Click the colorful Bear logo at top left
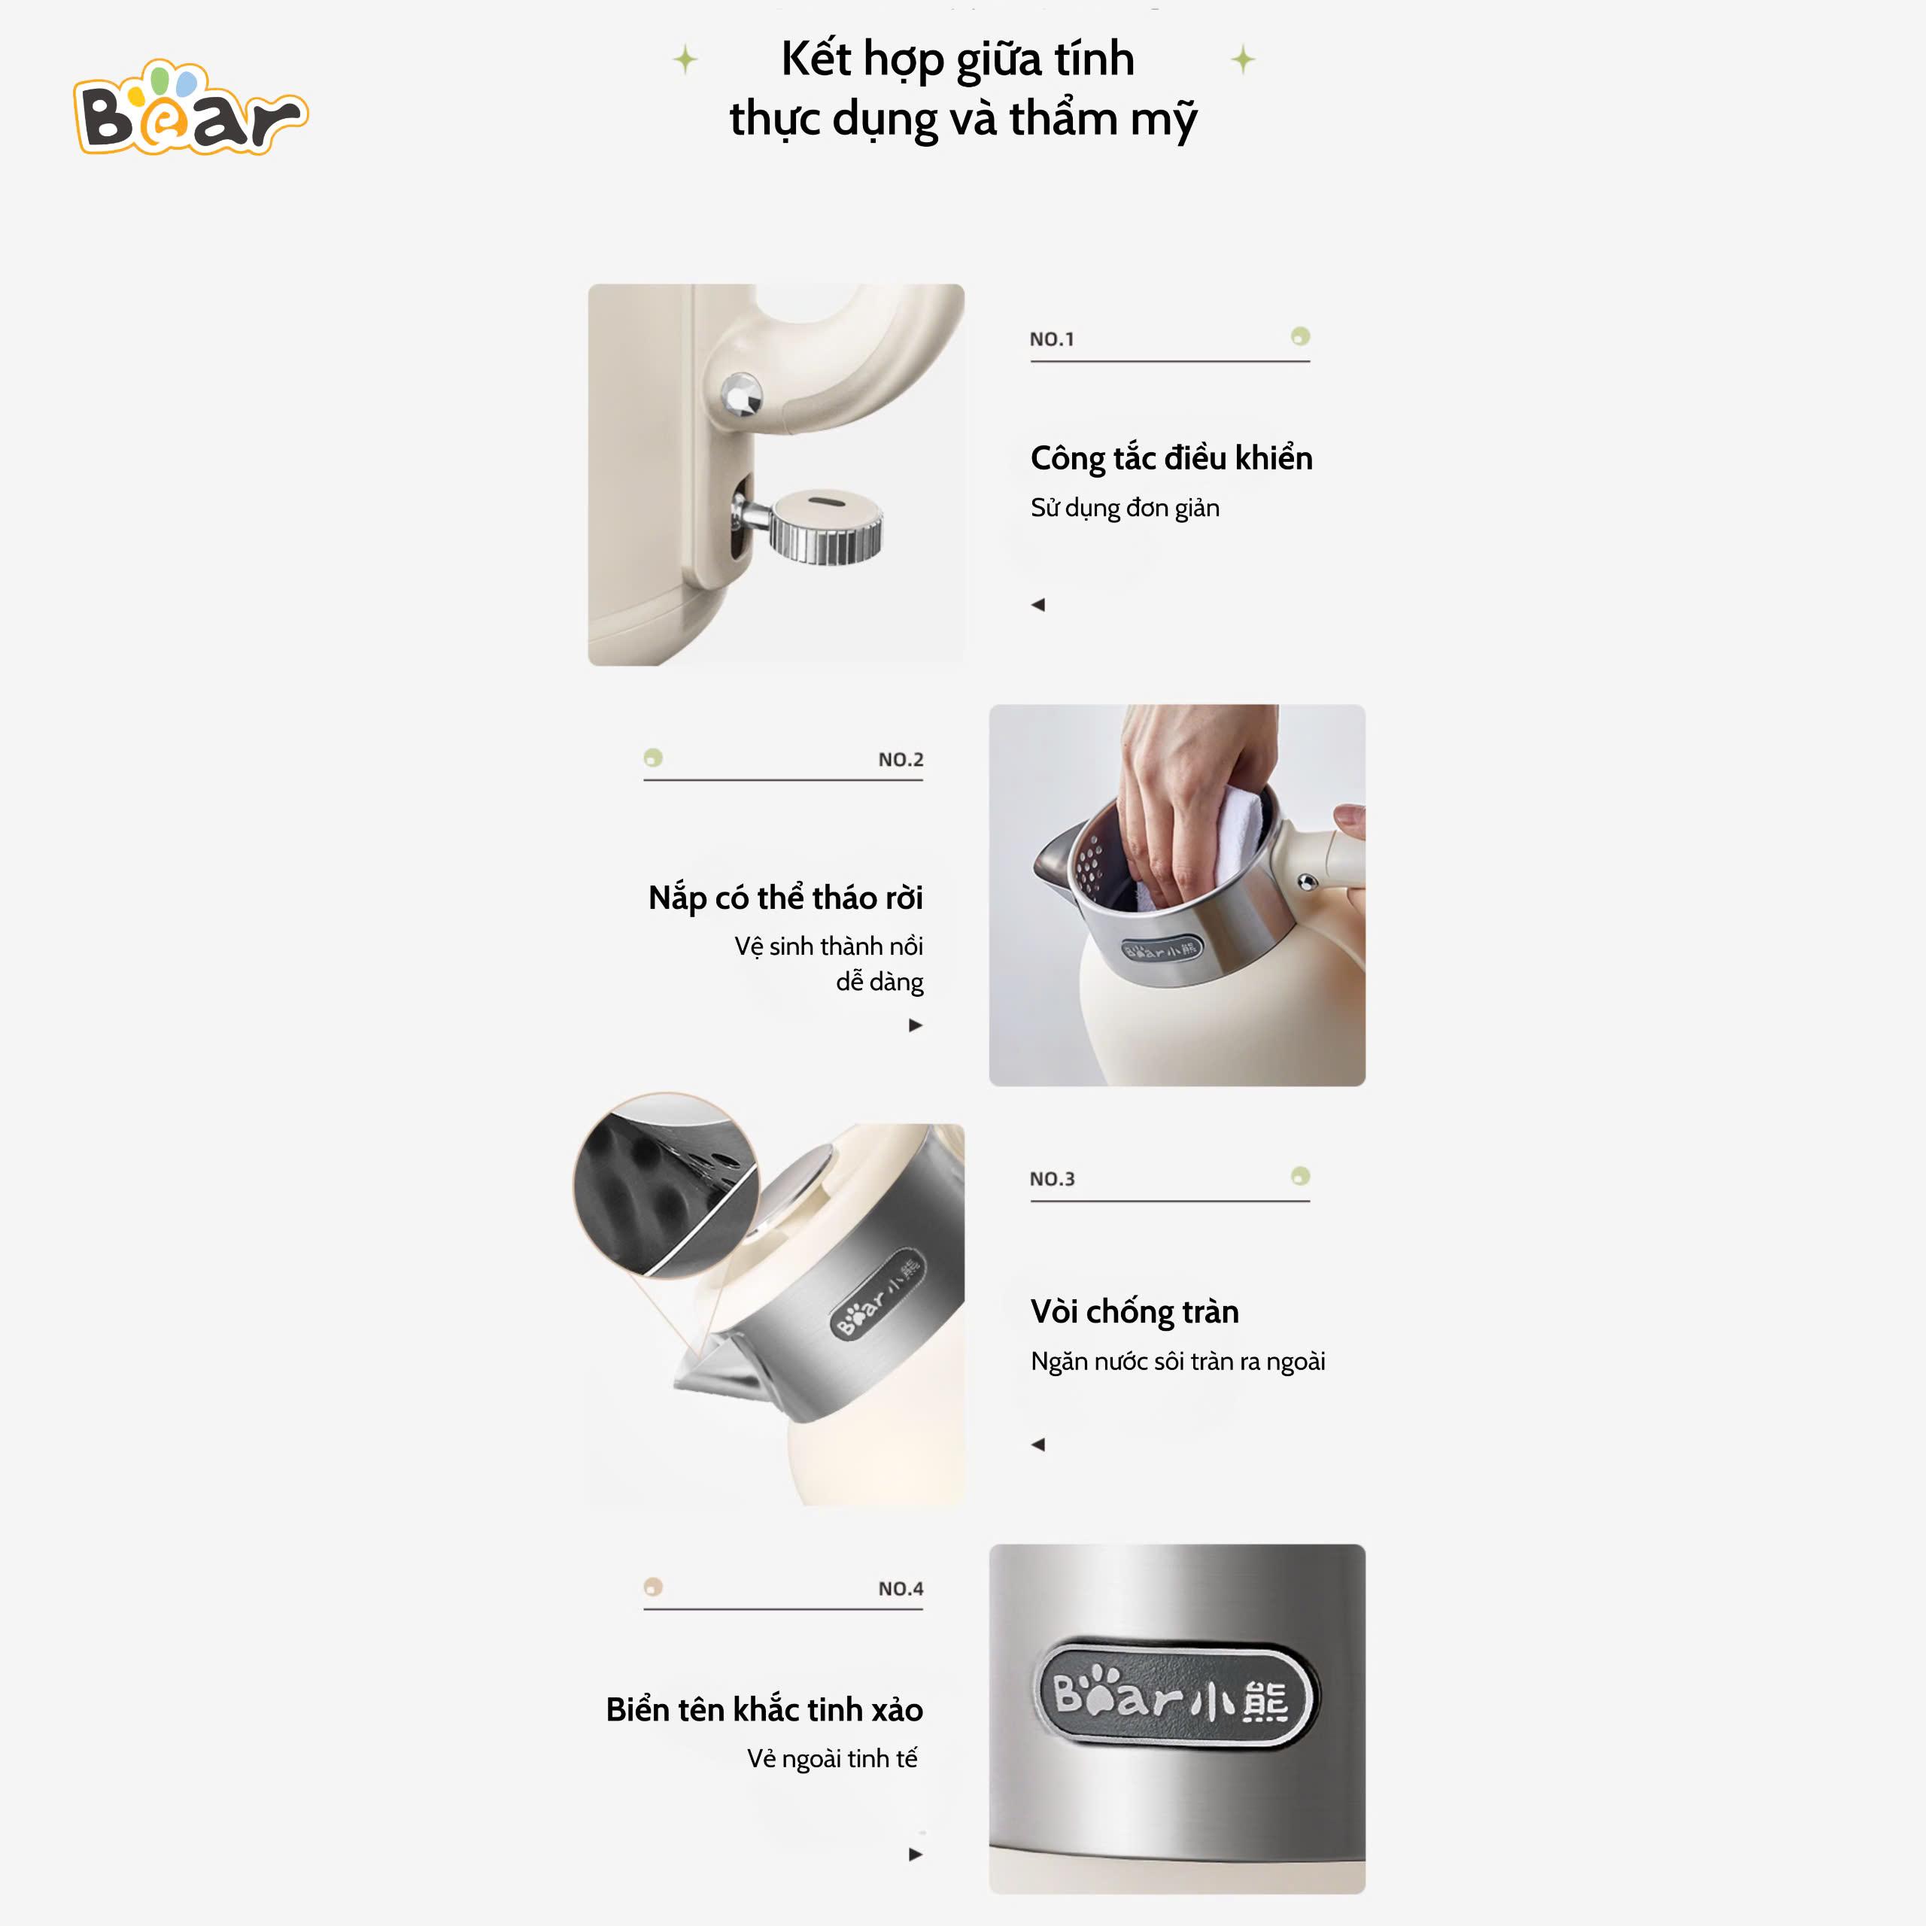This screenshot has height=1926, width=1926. click(190, 108)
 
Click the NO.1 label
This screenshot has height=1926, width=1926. click(1052, 339)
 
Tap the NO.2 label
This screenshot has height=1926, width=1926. click(901, 760)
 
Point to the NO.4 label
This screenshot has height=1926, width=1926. click(901, 1589)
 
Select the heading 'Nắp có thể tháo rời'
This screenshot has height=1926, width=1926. click(785, 898)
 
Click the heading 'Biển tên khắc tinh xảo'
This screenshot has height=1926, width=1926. click(764, 1709)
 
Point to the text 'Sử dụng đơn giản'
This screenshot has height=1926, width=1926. click(1126, 509)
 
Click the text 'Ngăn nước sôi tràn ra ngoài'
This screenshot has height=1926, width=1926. click(1178, 1362)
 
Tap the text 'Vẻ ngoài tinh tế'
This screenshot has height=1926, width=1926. click(832, 1758)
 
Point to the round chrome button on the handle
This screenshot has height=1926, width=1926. click(741, 395)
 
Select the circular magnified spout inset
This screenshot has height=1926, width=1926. click(666, 1185)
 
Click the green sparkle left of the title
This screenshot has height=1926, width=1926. click(685, 60)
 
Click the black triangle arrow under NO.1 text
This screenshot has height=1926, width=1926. click(1037, 604)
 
